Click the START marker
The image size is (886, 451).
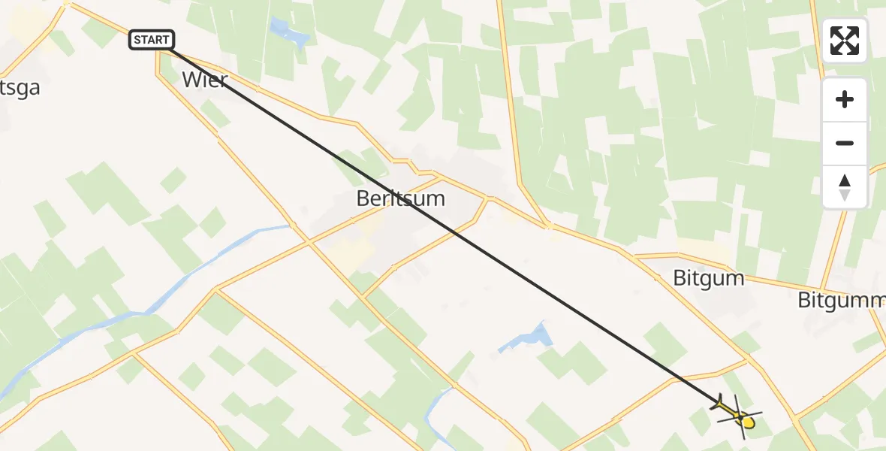(x=152, y=40)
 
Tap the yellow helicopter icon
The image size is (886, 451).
(x=739, y=416)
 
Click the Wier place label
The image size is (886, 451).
(x=204, y=80)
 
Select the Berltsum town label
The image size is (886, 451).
(x=400, y=199)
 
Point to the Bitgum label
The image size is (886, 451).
(x=708, y=279)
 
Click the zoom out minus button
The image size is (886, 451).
(x=845, y=144)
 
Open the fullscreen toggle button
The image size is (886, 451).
(x=845, y=41)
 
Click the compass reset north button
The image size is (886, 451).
(x=845, y=186)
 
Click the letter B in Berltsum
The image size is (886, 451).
(x=363, y=199)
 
